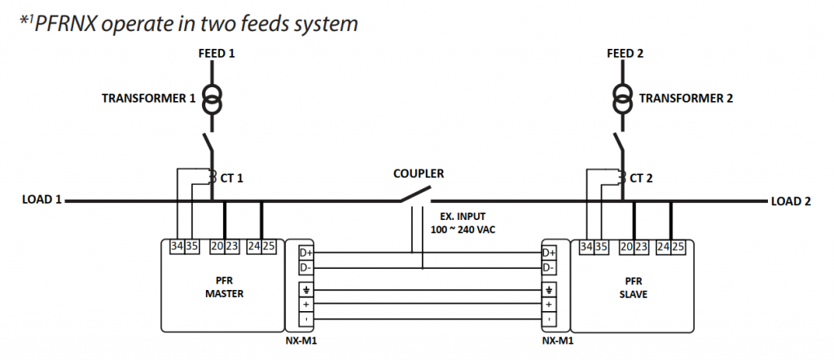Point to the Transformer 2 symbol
click(x=623, y=99)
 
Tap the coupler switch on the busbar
click(x=415, y=195)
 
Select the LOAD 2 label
click(x=791, y=201)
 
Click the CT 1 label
click(x=232, y=178)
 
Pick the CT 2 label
click(x=641, y=178)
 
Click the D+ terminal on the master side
click(x=305, y=253)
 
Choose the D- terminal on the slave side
click(x=550, y=267)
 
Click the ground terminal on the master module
click(x=305, y=289)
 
